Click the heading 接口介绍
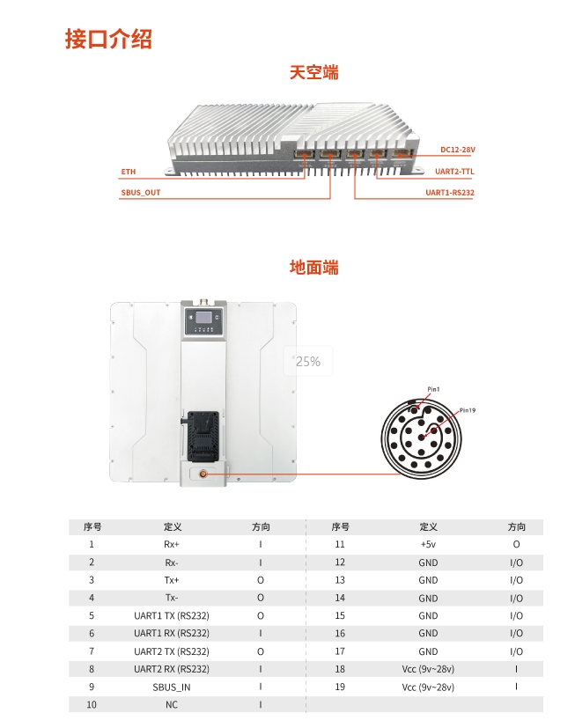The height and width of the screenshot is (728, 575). click(x=108, y=39)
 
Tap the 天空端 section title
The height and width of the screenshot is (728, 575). click(x=313, y=72)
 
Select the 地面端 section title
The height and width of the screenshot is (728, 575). click(x=313, y=267)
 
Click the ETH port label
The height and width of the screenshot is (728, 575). click(x=129, y=172)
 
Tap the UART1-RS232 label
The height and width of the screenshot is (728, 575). click(x=450, y=192)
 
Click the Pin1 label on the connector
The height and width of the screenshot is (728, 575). click(x=433, y=388)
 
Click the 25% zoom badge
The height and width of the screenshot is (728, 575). click(x=308, y=362)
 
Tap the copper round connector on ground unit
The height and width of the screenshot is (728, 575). click(x=204, y=474)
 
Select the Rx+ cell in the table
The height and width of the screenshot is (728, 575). click(x=172, y=545)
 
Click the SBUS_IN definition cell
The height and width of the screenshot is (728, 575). click(x=172, y=687)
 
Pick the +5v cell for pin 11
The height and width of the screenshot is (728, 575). click(x=428, y=545)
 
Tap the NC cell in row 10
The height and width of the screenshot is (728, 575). click(x=172, y=704)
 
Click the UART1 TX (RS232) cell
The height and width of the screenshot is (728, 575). click(x=172, y=615)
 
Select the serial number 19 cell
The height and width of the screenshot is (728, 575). click(x=340, y=687)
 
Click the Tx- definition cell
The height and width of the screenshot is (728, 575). click(x=172, y=598)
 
